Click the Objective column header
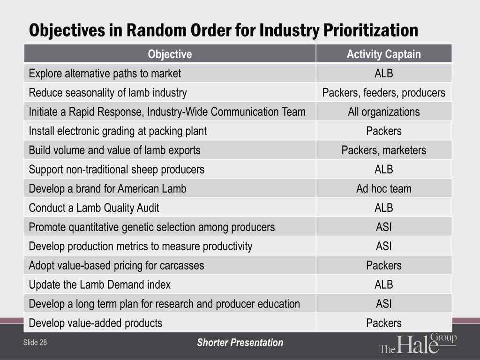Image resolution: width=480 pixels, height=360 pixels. click(170, 54)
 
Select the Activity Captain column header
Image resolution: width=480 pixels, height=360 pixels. click(383, 54)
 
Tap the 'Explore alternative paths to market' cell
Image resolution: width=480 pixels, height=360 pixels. click(105, 74)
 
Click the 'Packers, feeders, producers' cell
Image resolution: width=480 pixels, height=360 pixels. click(383, 93)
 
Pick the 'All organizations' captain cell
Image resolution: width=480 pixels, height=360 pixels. click(383, 112)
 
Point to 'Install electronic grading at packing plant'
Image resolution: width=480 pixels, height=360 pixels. click(118, 131)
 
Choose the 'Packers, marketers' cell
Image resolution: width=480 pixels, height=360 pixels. click(383, 150)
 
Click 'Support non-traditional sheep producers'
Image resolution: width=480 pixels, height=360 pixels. click(116, 170)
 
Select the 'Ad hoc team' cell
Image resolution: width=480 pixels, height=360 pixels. click(383, 189)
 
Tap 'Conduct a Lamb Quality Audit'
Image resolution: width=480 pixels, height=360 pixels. click(94, 208)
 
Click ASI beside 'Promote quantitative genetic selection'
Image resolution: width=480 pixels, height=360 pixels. click(383, 227)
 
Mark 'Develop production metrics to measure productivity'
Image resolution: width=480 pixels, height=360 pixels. click(141, 247)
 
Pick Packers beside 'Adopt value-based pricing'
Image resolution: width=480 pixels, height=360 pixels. click(383, 265)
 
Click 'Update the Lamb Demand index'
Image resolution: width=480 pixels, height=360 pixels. click(99, 285)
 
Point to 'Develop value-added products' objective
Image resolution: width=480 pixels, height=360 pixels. click(96, 323)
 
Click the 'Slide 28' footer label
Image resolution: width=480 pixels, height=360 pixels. click(35, 343)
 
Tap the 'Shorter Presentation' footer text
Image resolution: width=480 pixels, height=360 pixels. click(240, 343)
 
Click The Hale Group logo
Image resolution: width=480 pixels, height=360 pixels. click(418, 343)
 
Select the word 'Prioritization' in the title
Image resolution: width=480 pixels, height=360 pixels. click(371, 30)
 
